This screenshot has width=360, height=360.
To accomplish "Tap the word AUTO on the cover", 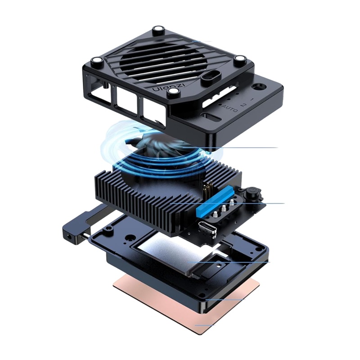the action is (x=230, y=108).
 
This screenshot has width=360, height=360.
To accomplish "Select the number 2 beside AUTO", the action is (x=243, y=105).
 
